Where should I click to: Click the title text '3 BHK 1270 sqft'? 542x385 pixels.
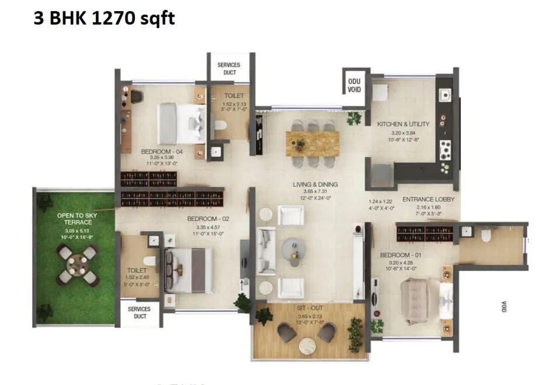(x=103, y=19)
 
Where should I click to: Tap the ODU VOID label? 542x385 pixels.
(x=354, y=85)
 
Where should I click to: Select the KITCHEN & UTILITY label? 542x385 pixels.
(x=404, y=124)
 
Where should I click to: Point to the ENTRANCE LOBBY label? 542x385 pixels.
(x=428, y=200)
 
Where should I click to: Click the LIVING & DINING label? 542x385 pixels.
(x=315, y=184)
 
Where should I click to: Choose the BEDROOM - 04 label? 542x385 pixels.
(x=162, y=152)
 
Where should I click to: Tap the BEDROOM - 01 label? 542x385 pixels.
(x=400, y=256)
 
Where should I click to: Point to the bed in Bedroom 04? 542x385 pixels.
(x=180, y=123)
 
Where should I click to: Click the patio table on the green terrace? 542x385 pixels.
(x=78, y=264)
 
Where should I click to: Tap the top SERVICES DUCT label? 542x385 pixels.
(x=228, y=68)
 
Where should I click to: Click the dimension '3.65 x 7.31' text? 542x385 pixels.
(x=316, y=191)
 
